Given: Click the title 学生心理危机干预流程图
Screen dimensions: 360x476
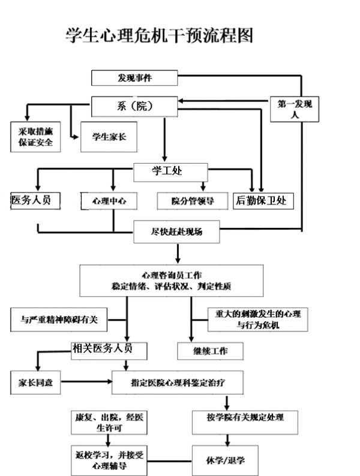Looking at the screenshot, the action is [x=159, y=35].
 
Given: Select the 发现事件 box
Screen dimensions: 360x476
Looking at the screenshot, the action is [x=134, y=78].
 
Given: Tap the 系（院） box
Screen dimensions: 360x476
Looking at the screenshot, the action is [x=134, y=107].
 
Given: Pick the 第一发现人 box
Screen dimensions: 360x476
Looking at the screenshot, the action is [x=295, y=109].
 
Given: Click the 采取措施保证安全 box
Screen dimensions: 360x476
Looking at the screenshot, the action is [x=35, y=137].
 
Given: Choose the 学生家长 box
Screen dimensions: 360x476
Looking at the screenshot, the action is [x=109, y=137].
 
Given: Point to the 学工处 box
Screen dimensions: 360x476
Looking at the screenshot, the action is [x=170, y=173].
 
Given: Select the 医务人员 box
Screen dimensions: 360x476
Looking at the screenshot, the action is [x=35, y=201].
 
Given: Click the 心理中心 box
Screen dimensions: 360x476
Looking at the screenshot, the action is [x=109, y=201].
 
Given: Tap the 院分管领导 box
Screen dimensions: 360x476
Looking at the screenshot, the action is [x=193, y=201].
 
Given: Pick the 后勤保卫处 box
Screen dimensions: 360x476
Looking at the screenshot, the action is [x=263, y=201].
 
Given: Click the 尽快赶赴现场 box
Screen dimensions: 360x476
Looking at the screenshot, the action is [x=176, y=231].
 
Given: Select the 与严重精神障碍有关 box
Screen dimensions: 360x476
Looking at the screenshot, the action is [x=59, y=320].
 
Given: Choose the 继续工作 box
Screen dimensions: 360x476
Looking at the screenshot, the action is [x=210, y=351].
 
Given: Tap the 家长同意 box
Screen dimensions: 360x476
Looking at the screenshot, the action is [x=35, y=382].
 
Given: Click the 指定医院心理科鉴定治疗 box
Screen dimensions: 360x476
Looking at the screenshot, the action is [x=178, y=382].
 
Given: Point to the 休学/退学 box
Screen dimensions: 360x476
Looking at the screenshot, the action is [x=225, y=460].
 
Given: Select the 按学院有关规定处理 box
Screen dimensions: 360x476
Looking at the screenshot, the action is [x=245, y=423].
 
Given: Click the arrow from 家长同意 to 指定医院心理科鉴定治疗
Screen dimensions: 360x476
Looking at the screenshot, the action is [x=86, y=382].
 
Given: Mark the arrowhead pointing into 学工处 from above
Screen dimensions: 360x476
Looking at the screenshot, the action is [x=164, y=159].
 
